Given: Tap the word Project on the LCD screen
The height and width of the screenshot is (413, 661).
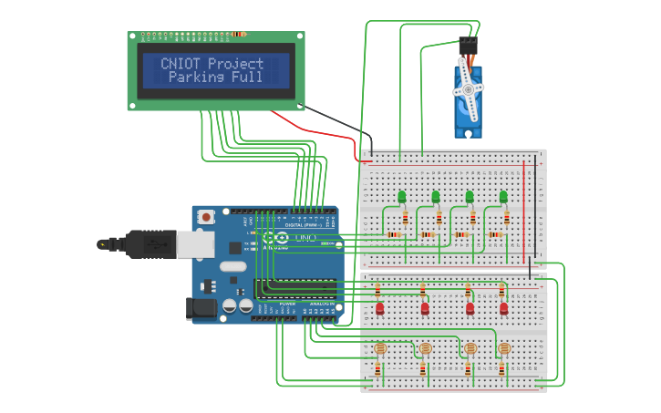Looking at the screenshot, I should pos(235,64).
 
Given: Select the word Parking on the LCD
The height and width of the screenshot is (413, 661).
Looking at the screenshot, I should pos(196,77).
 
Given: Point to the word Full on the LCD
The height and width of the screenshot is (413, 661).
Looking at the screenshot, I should pos(246,77).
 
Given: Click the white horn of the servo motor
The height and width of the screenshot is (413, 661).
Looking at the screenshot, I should pos(469,88).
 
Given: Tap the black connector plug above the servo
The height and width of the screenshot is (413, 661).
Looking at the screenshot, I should pos(468,44).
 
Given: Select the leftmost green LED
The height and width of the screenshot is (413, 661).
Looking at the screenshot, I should pos(402,196).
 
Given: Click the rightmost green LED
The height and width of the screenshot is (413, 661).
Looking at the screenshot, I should pos(503,196).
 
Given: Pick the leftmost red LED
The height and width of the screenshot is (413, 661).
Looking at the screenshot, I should pos(380,308).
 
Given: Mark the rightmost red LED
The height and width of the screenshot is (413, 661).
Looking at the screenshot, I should pos(503,308).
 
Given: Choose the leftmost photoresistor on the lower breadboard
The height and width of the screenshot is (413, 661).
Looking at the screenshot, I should pos(381,348).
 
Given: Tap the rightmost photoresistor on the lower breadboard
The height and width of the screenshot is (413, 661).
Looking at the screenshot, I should pos(503,348).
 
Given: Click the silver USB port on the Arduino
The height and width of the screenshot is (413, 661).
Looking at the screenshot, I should pos(195,243).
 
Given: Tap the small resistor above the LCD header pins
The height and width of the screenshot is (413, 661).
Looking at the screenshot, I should pos(238,35).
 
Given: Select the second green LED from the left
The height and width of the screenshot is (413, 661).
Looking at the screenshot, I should pos(436,196).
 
